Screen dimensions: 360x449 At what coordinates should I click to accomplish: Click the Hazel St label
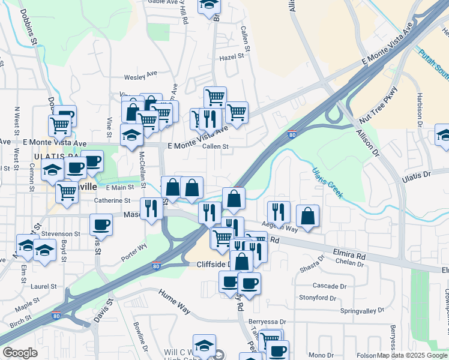tap(234, 56)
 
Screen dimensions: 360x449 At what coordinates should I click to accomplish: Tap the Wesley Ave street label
tap(140, 77)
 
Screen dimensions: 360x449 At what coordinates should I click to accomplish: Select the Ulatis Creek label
tap(327, 182)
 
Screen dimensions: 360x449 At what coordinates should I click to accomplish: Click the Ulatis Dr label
tap(417, 175)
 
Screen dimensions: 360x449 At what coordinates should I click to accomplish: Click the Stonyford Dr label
tap(318, 298)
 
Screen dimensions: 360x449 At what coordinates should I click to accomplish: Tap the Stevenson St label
tap(61, 233)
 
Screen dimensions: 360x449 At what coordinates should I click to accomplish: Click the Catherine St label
tap(112, 200)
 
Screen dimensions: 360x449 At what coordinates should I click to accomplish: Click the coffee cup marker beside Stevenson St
tap(101, 224)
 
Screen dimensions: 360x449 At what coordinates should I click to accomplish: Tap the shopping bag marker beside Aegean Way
tap(307, 217)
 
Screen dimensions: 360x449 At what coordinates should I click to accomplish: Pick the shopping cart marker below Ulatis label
tap(67, 192)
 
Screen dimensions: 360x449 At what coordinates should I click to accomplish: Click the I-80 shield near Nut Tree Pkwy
tap(292, 135)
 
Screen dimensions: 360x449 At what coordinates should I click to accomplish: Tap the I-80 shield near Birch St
tap(56, 316)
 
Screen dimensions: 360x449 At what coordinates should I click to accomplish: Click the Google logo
tap(20, 353)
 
